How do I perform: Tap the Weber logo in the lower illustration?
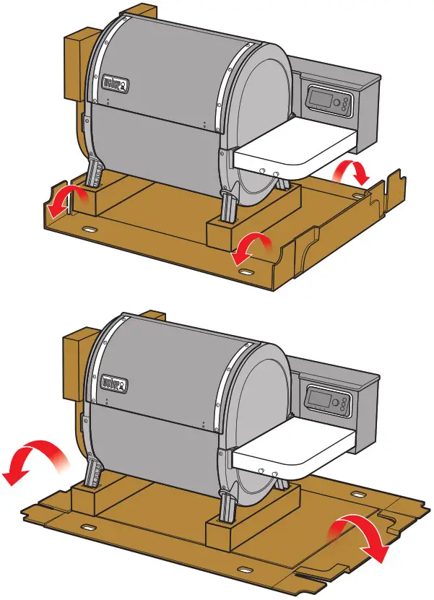pyautogui.click(x=115, y=380)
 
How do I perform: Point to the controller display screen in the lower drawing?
pyautogui.click(x=320, y=397)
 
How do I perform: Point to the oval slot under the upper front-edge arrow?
pyautogui.click(x=246, y=272)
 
